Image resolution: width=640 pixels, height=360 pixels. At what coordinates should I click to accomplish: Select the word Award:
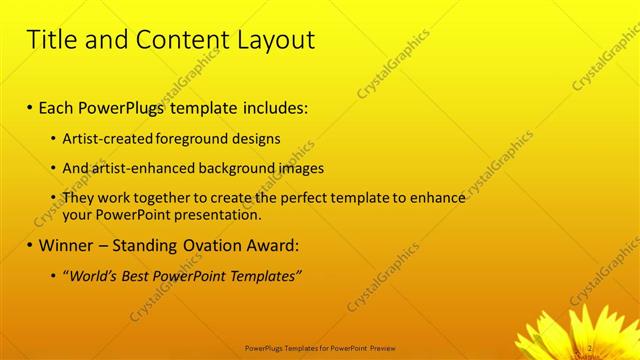tap(271, 245)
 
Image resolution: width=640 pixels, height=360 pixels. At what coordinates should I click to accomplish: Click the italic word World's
tap(95, 275)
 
